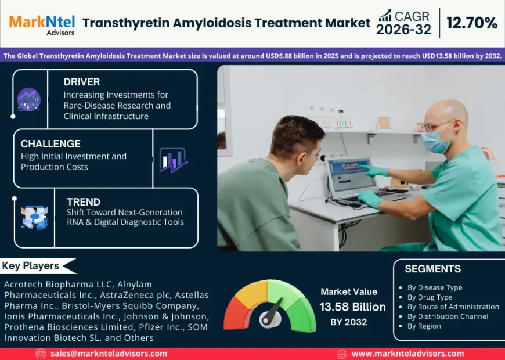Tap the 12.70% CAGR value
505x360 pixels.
tap(472, 23)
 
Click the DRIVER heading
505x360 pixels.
tap(82, 82)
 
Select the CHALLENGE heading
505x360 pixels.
tap(50, 143)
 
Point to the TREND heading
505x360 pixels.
tap(84, 202)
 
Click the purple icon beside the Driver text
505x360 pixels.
tap(28, 99)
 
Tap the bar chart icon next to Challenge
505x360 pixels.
tap(173, 160)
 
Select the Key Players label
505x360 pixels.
tap(31, 266)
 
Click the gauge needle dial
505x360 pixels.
tap(270, 314)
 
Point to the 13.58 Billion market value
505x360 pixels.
tap(352, 307)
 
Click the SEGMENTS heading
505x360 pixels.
tap(432, 269)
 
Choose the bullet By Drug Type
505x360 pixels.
tap(430, 297)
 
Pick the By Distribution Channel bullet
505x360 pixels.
tap(448, 316)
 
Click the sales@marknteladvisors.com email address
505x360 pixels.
tap(109, 353)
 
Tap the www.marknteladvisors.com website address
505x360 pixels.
tap(407, 353)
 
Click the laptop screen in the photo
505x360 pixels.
tap(351, 175)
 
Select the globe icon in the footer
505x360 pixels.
tap(342, 354)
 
